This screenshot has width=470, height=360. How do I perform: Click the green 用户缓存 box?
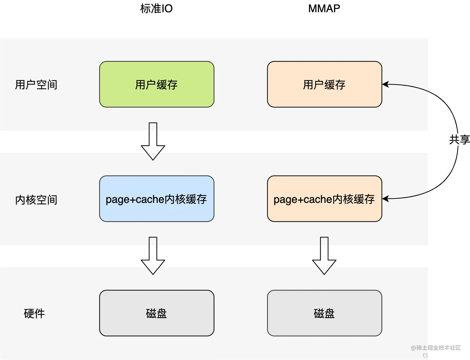coord(157,84)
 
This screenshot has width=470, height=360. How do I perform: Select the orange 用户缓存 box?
coord(325,84)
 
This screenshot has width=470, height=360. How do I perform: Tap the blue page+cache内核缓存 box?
coord(157,199)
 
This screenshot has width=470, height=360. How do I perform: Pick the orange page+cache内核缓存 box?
coord(325,199)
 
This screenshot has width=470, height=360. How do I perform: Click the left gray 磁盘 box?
coord(157,313)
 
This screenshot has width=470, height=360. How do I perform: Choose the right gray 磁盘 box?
coord(325,313)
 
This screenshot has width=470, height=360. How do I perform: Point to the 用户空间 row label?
coord(36,84)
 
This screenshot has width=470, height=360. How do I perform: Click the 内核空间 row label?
coord(36,200)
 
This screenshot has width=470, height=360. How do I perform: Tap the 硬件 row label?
coord(34,313)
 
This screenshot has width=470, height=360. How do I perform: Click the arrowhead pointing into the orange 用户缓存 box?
coord(385,84)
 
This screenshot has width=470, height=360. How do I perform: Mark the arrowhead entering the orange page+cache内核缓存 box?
coord(385,199)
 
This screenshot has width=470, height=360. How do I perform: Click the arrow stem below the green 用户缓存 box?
coord(153,127)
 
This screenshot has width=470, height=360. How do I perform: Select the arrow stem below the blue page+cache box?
coord(153,241)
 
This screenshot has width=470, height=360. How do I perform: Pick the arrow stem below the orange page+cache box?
coord(324,241)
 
